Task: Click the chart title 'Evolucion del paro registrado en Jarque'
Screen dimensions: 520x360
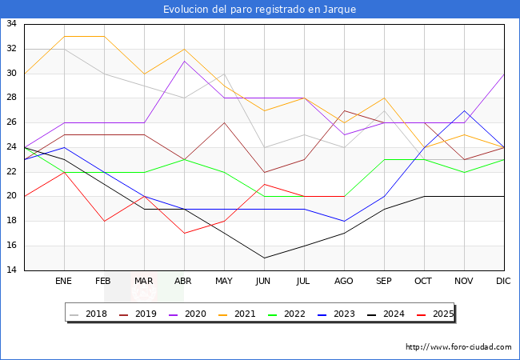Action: point(260,10)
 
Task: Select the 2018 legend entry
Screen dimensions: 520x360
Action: point(89,314)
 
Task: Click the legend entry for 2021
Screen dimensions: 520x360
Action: point(237,314)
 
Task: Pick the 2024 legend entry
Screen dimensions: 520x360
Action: point(386,314)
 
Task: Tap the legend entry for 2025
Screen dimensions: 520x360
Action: point(435,314)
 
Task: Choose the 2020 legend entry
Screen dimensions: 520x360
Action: point(188,314)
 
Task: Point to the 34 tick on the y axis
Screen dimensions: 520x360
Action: point(11,23)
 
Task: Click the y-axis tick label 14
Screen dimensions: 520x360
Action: point(11,270)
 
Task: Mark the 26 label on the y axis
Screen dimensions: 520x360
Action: point(11,122)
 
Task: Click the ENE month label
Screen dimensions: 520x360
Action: point(63,281)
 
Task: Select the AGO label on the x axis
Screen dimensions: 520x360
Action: point(343,281)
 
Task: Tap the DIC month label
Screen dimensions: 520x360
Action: point(503,281)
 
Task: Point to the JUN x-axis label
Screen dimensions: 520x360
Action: point(263,281)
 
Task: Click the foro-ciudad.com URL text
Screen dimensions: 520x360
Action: point(458,347)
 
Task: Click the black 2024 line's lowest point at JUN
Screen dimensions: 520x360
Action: point(264,258)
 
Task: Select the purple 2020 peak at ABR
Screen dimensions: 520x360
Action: point(184,62)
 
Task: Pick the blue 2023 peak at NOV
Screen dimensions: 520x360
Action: point(464,110)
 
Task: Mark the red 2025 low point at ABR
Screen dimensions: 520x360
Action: point(184,234)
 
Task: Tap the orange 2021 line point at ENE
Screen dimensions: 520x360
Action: point(64,37)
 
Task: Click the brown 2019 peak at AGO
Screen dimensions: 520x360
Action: point(344,110)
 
